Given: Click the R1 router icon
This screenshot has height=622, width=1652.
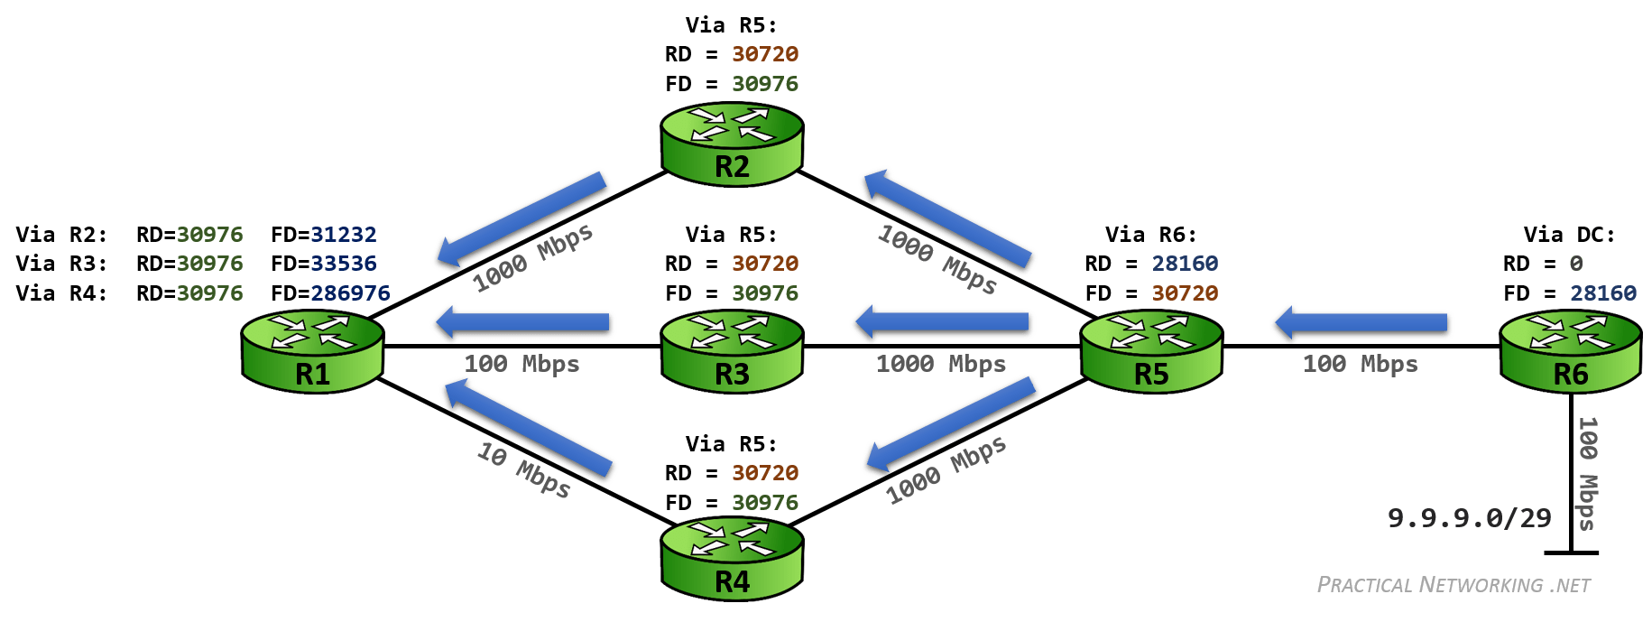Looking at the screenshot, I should tap(312, 352).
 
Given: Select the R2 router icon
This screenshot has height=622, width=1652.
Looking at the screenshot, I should tap(732, 144).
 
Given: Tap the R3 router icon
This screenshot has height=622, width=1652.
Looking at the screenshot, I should tap(732, 352).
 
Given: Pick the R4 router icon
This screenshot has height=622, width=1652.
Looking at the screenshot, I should tap(732, 560).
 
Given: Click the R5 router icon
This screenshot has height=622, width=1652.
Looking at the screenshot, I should tap(1151, 352).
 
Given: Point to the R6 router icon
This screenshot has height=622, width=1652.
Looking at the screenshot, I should tap(1570, 352).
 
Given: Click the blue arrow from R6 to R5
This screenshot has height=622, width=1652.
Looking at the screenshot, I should tap(1362, 323).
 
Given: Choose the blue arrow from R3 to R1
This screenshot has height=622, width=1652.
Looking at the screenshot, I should tap(523, 323).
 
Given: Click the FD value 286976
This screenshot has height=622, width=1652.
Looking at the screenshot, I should tap(350, 293).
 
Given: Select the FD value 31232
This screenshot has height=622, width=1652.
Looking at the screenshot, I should tap(344, 235).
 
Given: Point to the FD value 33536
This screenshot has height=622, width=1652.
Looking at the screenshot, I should tap(344, 264).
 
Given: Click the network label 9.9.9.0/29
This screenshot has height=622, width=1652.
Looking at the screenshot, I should tap(1469, 518).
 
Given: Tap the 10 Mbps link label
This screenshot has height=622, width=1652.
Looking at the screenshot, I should tap(524, 470).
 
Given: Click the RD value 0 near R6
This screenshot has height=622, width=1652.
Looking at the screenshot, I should tap(1576, 264).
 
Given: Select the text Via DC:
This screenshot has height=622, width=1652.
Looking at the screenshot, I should tap(1569, 235).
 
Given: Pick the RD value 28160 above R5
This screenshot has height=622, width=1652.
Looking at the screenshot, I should tap(1185, 264).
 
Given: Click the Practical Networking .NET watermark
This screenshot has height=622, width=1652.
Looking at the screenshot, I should tap(1454, 585).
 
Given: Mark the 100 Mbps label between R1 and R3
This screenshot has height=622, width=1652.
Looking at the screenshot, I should tap(521, 364).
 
